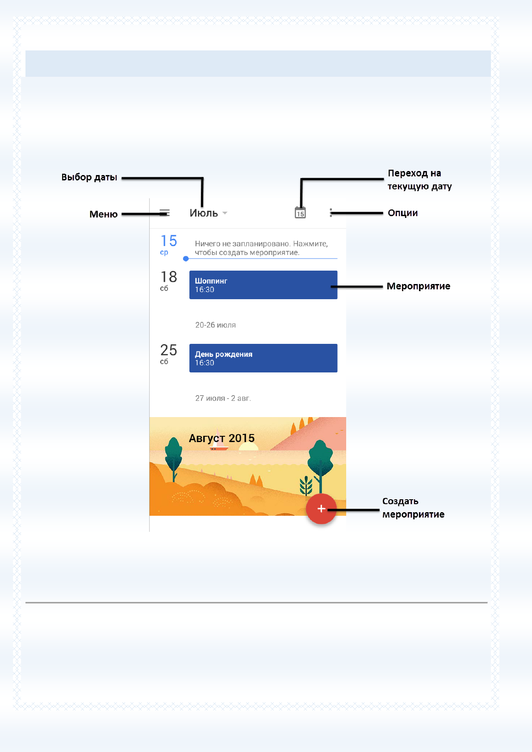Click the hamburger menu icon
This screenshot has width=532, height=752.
[164, 213]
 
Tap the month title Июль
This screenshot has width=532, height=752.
[204, 213]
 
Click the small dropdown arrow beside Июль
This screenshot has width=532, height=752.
[225, 213]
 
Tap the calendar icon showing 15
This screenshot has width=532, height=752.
[300, 213]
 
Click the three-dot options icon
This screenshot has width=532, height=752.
[331, 213]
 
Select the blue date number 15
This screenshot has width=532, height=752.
[168, 241]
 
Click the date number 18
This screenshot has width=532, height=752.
[168, 276]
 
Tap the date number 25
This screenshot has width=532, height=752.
[168, 350]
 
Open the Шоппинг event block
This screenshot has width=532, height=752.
[263, 285]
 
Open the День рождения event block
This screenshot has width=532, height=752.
[263, 358]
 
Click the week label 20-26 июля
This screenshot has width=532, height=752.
[216, 325]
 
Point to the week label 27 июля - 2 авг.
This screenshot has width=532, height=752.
[223, 398]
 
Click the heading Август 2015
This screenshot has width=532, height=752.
[222, 438]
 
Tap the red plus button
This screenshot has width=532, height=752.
[321, 509]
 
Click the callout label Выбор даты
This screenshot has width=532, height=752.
[89, 177]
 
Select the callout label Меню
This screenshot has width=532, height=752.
[104, 214]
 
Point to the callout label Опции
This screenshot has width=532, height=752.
[403, 213]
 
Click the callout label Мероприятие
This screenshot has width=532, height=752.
[419, 286]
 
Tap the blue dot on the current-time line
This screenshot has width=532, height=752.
[186, 259]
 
